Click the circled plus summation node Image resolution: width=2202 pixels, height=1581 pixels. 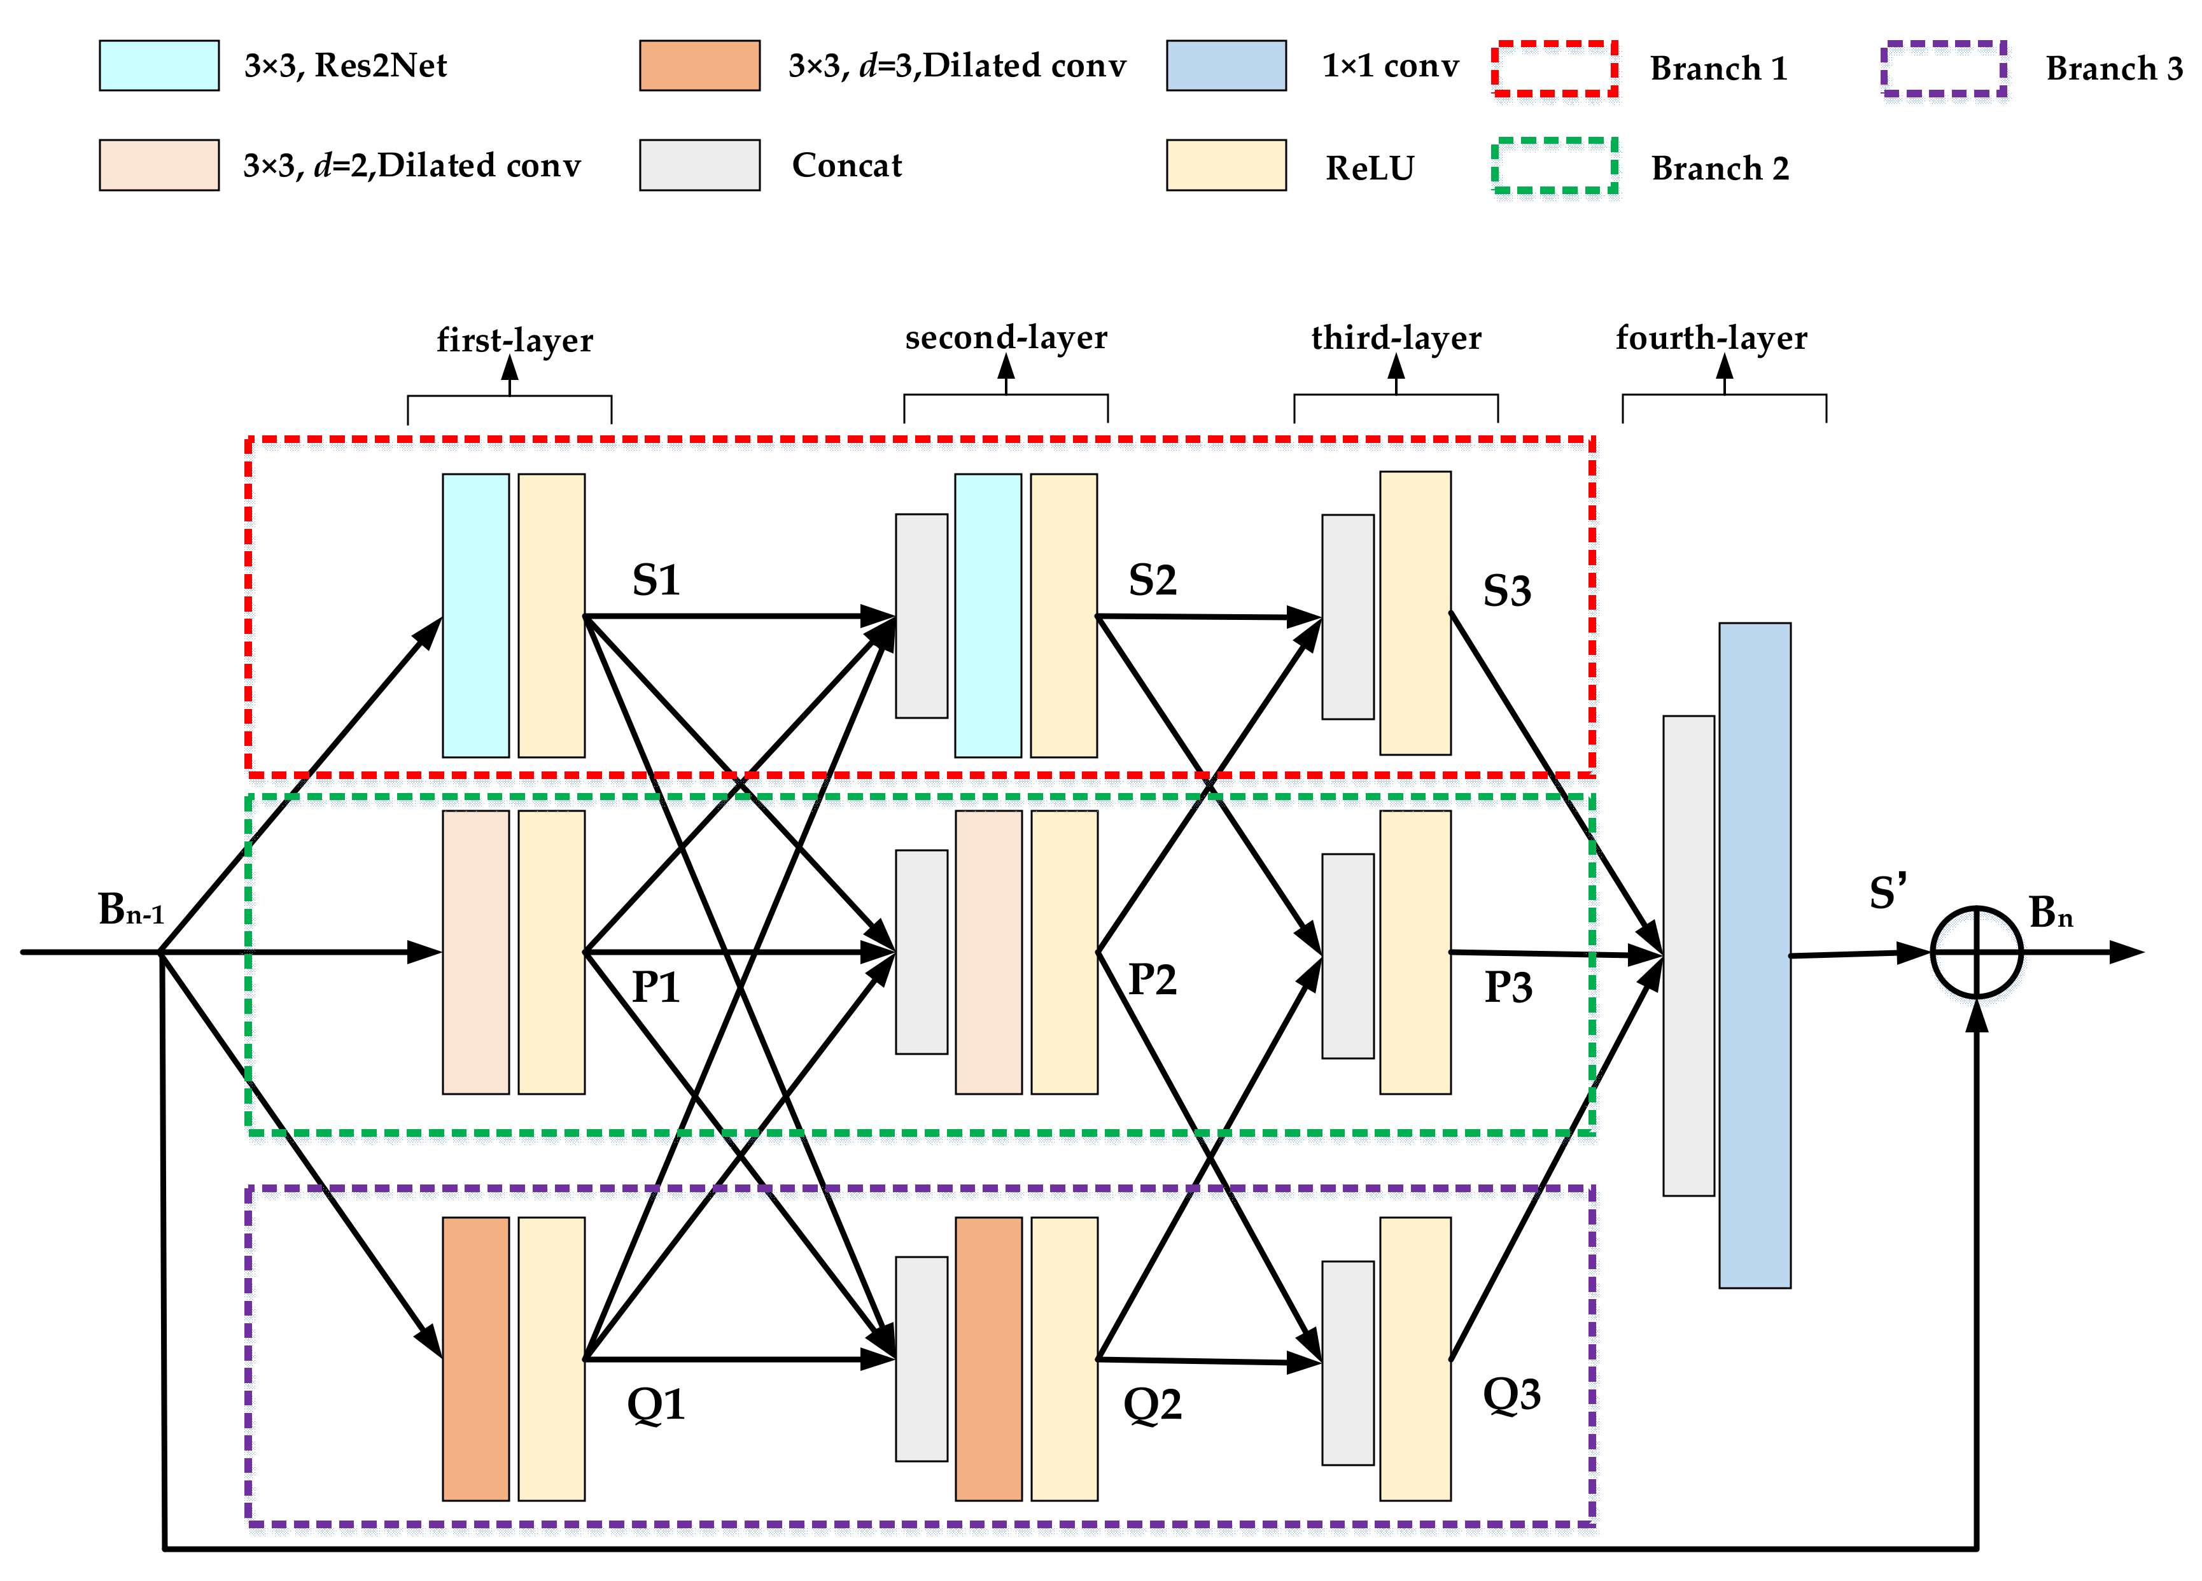1976,952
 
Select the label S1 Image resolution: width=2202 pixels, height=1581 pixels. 656,580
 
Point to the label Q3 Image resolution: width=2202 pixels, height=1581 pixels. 1511,1395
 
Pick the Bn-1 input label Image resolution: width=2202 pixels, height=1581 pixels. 130,910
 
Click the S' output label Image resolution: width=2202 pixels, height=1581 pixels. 1888,892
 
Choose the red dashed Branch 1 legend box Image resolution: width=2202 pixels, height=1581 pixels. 1553,68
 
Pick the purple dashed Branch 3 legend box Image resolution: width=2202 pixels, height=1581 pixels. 1943,68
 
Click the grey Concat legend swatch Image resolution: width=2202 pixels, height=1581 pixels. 699,165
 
